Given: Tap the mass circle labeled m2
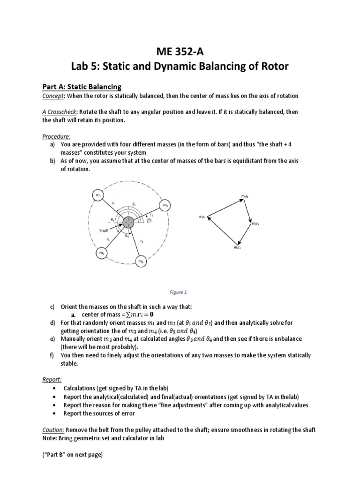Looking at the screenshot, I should point(165,205).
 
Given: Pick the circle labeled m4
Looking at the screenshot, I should point(101,253).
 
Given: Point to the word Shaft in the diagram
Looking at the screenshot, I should point(104,230).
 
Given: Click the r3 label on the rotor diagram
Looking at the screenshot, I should point(142,241).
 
